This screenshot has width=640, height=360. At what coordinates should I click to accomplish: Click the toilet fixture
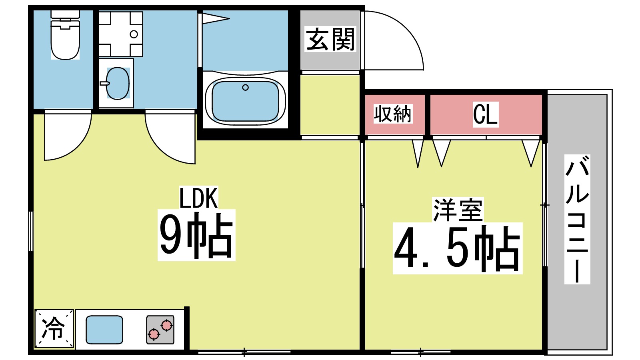[65, 38]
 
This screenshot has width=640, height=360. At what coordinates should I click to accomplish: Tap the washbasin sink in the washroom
[118, 83]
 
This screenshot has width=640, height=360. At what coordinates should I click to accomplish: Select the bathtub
[245, 101]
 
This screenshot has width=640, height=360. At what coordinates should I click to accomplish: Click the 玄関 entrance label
[330, 39]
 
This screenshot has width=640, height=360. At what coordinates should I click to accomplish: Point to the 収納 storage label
[393, 114]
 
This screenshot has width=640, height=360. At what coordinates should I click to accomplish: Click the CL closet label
[485, 114]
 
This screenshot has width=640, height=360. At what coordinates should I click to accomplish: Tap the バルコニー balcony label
[577, 219]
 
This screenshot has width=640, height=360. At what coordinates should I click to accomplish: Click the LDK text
[198, 198]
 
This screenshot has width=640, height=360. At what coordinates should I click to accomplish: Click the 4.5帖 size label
[457, 248]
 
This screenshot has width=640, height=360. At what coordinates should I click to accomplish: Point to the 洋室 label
[458, 210]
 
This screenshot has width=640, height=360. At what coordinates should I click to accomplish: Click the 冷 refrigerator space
[54, 328]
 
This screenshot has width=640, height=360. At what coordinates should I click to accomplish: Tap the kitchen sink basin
[104, 330]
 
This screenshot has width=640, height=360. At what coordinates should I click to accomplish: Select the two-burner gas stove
[160, 330]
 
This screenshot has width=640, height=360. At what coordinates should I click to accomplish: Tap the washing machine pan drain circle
[134, 34]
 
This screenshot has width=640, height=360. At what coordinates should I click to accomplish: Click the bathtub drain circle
[245, 87]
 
